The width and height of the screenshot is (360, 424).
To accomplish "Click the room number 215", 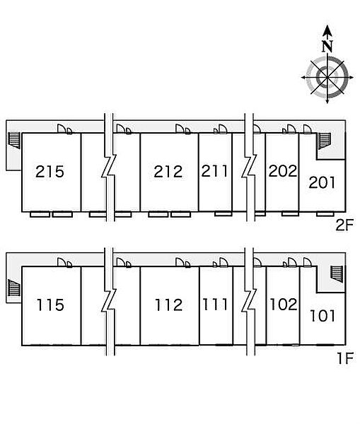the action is click(x=50, y=172).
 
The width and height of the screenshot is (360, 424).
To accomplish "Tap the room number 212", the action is click(x=168, y=172).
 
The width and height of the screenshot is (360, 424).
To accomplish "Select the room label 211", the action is click(x=214, y=171).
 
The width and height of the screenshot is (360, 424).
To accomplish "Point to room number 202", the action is click(x=283, y=171).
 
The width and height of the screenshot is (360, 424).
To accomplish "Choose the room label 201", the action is click(x=322, y=182).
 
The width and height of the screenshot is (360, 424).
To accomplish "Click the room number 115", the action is click(x=50, y=305).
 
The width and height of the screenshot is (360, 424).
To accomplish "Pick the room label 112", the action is click(x=169, y=305).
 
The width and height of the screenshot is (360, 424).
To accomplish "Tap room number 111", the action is click(x=215, y=304).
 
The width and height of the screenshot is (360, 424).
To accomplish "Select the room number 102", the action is click(x=284, y=304).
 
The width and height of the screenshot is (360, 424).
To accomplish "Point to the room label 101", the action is click(x=323, y=316).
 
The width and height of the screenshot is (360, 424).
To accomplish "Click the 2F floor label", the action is click(x=344, y=225).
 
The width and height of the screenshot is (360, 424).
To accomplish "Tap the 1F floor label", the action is click(x=345, y=358).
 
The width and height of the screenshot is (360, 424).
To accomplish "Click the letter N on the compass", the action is click(x=327, y=46).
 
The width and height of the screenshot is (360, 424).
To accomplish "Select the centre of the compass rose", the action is click(x=327, y=77).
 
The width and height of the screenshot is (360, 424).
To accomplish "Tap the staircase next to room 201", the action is click(x=325, y=141).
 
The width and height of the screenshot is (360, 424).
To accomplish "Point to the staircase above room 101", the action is click(x=337, y=274).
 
